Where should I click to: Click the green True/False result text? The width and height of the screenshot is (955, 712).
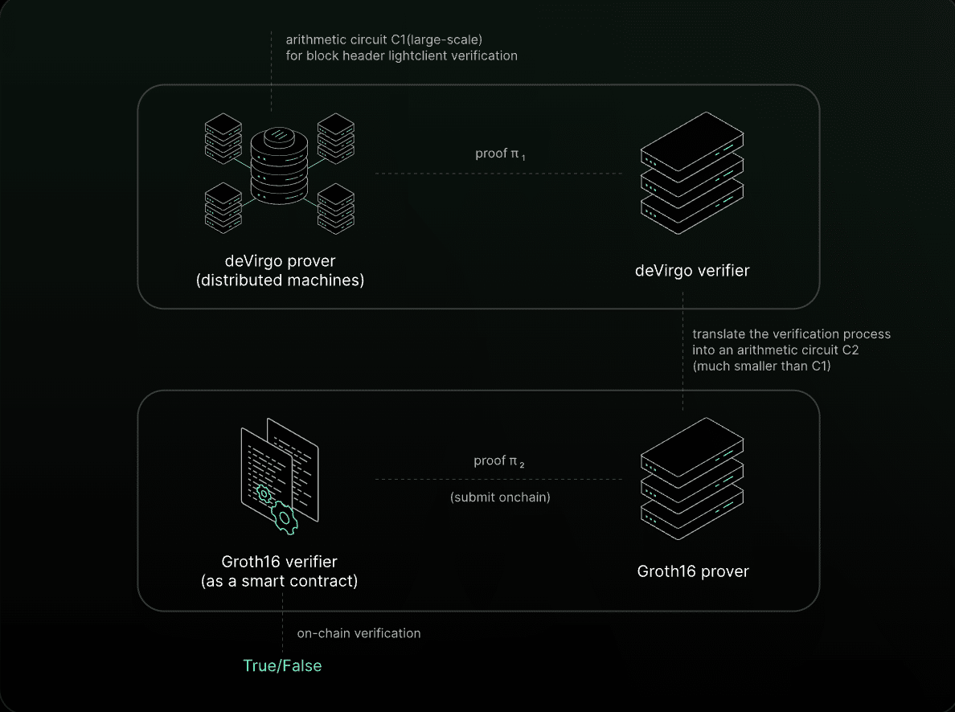click(x=282, y=665)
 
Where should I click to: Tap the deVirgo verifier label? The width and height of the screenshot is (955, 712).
click(x=692, y=271)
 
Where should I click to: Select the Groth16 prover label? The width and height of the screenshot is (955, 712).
click(x=692, y=571)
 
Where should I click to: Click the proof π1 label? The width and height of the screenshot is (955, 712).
click(x=500, y=154)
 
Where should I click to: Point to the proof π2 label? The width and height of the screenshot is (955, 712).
click(x=499, y=461)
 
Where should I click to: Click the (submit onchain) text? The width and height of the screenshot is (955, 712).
click(x=500, y=497)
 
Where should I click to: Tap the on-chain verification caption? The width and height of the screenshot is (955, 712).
click(x=359, y=633)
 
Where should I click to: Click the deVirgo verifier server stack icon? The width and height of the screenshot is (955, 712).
click(x=692, y=173)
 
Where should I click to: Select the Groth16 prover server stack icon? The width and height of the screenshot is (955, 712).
click(x=692, y=479)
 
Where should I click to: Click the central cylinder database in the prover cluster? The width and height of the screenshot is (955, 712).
click(x=279, y=166)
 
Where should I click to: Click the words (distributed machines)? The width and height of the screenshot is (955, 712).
click(x=281, y=280)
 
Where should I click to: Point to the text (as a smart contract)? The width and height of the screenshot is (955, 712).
click(x=280, y=581)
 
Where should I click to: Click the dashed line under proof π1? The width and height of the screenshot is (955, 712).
click(x=499, y=174)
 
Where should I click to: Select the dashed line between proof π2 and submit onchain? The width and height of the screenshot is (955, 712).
click(x=499, y=479)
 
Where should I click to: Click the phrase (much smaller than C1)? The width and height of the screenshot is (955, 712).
click(x=761, y=366)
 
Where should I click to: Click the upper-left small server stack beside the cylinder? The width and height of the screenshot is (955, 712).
click(x=223, y=138)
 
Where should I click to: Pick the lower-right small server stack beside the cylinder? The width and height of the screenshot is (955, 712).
click(x=335, y=208)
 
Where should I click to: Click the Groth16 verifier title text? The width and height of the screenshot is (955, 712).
click(x=280, y=562)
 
